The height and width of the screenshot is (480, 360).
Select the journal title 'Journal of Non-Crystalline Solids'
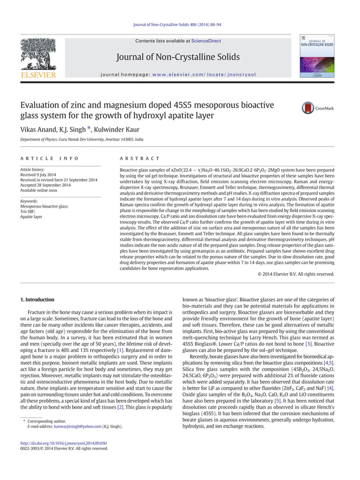[x=178, y=57]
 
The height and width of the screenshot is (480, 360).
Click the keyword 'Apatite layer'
[x=31, y=216]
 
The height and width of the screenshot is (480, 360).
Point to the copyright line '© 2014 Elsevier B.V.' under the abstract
[x=295, y=274]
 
